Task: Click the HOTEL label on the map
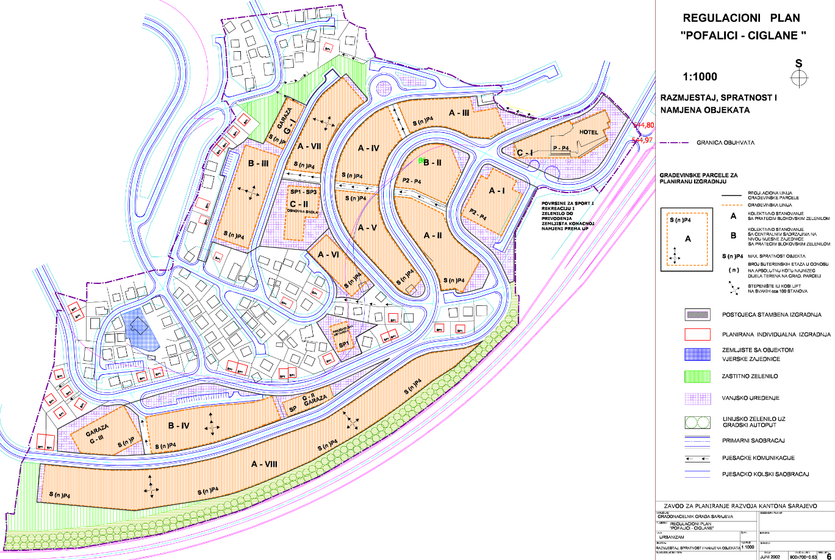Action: point(583,132)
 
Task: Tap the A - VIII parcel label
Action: point(264,464)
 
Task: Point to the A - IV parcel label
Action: point(368,148)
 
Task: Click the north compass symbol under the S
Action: point(798,77)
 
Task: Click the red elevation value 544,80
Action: point(644,126)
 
